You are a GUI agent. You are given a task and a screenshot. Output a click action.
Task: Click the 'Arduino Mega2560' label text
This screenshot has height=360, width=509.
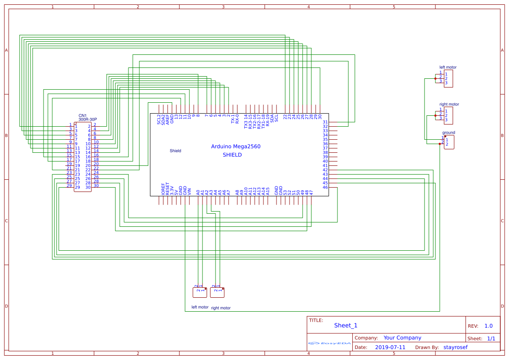[x=236, y=147]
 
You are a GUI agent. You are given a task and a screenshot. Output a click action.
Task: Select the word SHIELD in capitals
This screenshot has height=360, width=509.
[x=232, y=155]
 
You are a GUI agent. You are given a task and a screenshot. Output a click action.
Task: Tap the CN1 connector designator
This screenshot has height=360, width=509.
[x=83, y=115]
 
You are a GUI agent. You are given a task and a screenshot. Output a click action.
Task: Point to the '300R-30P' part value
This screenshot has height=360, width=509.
[x=88, y=119]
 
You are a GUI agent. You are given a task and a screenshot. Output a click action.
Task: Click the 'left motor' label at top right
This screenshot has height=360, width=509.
[x=448, y=67]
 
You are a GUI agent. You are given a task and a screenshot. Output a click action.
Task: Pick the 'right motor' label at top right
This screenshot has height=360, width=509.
[x=449, y=104]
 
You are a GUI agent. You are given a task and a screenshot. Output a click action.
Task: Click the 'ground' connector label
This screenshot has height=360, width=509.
[x=448, y=133]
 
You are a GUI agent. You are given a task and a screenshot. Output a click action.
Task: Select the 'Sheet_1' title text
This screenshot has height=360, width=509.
[x=346, y=326]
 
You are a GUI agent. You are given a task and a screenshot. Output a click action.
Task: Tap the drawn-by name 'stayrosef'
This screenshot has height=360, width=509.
[x=455, y=347]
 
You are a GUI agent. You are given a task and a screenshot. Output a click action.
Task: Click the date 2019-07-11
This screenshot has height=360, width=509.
[x=390, y=347]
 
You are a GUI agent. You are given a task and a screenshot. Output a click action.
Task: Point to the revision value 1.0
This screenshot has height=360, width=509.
[x=489, y=326]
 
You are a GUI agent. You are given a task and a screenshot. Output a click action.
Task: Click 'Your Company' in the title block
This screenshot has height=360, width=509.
[x=402, y=338]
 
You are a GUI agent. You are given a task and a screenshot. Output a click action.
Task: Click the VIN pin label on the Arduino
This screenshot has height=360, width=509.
[x=189, y=190]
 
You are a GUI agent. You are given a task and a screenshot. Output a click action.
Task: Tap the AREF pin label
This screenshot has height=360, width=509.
[x=168, y=120]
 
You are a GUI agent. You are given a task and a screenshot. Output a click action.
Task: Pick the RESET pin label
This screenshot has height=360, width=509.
[x=168, y=188]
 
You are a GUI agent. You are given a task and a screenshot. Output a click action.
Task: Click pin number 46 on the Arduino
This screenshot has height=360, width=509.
[x=325, y=187]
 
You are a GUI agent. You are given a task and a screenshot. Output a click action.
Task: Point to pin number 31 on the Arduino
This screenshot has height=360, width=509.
[x=325, y=122]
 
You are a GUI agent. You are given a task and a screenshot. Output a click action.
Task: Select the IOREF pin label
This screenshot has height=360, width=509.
[x=163, y=188]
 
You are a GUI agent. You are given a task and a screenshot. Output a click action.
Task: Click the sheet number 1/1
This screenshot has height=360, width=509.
[x=491, y=338]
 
